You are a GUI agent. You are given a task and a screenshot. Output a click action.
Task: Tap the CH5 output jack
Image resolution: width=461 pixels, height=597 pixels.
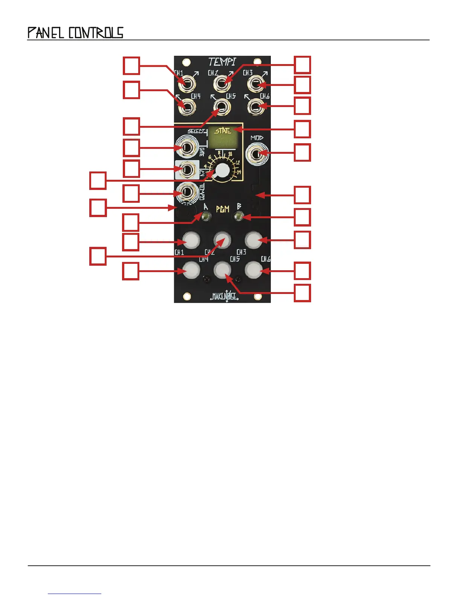222,107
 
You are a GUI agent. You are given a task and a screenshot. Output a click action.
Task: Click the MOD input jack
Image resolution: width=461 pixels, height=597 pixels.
257,154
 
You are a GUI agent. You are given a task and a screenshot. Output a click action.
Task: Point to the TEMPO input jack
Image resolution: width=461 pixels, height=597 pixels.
187,193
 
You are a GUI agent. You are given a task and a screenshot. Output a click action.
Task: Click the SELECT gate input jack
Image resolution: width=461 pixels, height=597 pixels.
187,147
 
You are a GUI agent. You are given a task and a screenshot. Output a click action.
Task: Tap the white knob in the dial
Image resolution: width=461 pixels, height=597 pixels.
222,171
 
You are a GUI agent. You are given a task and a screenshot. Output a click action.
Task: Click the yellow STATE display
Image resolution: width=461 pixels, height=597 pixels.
223,138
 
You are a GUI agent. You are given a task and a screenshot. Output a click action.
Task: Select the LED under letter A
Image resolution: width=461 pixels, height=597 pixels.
206,216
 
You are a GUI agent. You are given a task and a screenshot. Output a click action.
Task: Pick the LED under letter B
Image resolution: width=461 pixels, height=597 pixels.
238,216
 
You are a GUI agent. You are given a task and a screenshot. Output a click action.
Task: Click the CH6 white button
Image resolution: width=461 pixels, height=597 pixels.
254,270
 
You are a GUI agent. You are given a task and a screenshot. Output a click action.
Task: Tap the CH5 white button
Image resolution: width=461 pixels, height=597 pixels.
222,270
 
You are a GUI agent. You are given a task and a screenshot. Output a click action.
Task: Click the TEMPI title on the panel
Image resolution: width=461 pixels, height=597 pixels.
222,61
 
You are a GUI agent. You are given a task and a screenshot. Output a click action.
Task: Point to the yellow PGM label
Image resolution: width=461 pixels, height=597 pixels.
223,209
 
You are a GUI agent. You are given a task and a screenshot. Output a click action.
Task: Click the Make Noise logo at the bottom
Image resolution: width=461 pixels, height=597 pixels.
224,296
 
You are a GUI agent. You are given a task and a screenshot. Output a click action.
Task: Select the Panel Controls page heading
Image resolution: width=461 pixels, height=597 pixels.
75,33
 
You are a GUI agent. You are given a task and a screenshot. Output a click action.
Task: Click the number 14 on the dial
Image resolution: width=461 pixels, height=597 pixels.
239,172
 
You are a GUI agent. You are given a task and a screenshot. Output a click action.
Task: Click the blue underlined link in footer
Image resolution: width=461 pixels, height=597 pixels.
75,594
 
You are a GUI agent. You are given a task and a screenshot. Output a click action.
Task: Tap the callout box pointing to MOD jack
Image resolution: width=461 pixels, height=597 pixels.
302,152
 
